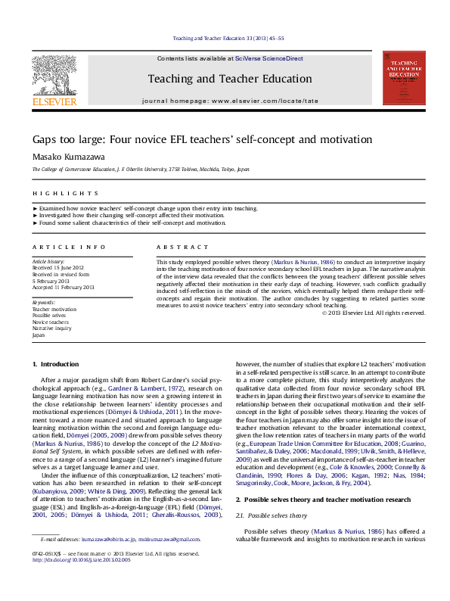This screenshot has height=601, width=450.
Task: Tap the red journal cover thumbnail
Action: tap(403, 78)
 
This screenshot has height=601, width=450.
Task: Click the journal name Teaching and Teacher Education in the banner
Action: tap(229, 79)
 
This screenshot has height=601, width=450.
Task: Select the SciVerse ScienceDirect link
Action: tap(268, 58)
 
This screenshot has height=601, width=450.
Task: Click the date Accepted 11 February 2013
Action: tap(63, 288)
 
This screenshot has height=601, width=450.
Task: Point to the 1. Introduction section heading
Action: tap(60, 365)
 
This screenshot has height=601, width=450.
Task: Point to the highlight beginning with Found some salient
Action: tap(132, 223)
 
